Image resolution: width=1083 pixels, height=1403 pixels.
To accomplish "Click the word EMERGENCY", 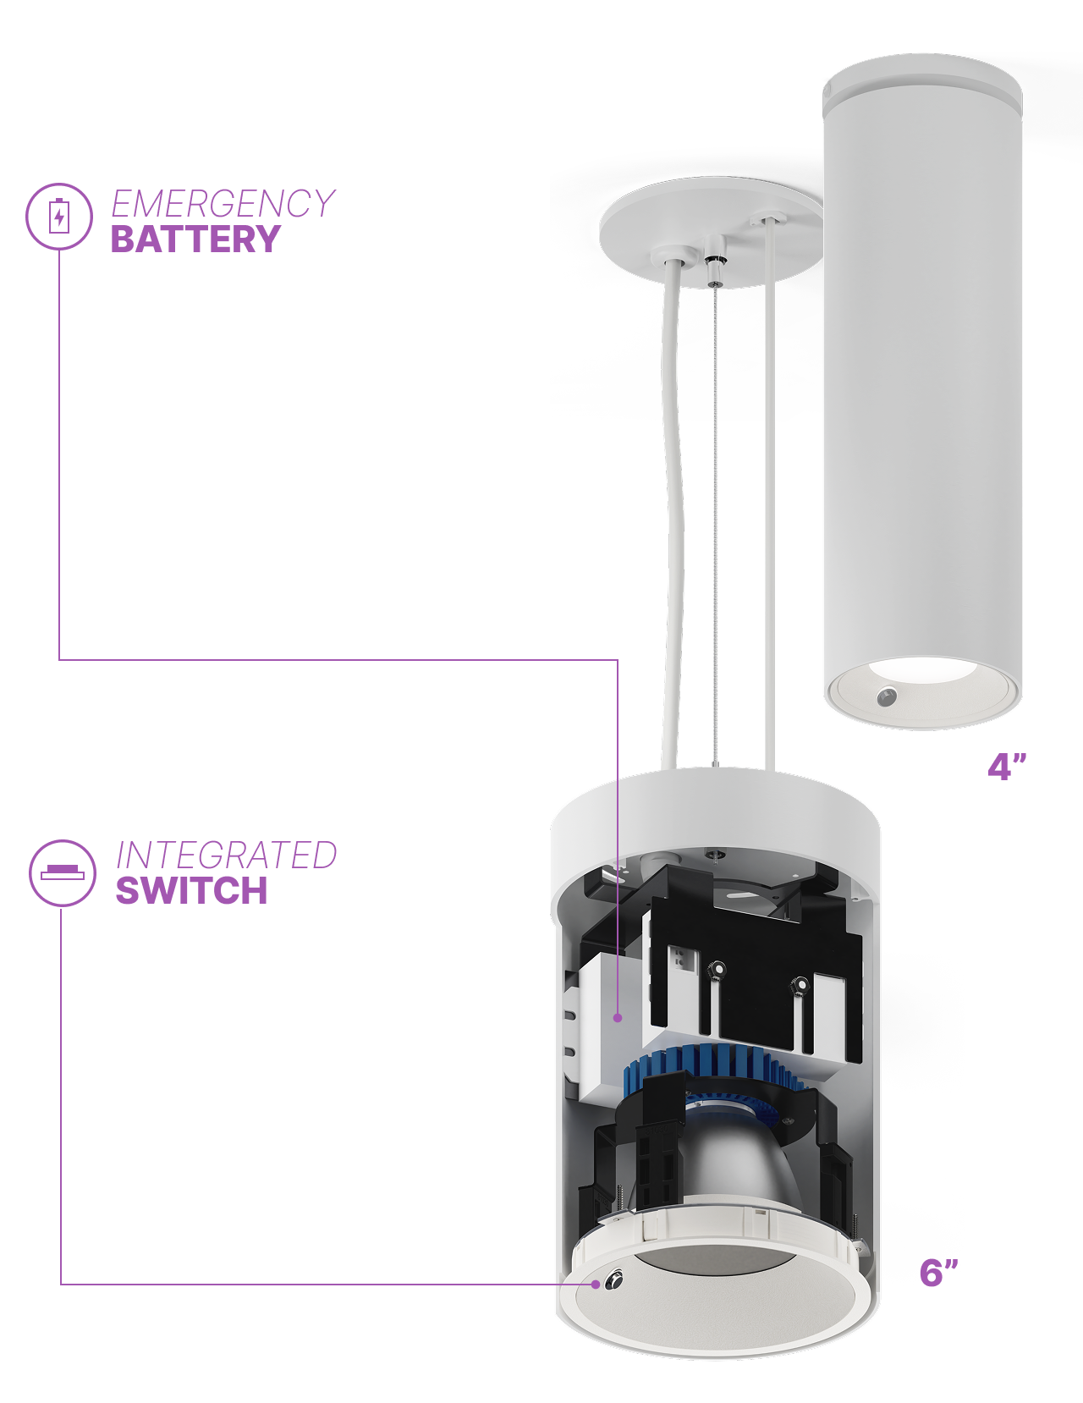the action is click(x=223, y=203).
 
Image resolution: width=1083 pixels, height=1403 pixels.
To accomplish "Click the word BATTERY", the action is click(x=195, y=239).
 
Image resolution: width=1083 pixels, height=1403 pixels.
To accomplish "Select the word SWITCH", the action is click(x=192, y=890).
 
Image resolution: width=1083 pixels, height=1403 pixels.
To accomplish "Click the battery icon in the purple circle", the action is click(x=58, y=217).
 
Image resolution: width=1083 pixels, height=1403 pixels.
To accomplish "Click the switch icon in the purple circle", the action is click(x=63, y=873).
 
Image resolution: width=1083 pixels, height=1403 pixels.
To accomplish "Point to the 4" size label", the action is click(x=1006, y=767).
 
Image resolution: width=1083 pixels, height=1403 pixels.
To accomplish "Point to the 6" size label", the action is click(x=938, y=1273).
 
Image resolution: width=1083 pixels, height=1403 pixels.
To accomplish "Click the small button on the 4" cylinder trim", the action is click(x=886, y=696).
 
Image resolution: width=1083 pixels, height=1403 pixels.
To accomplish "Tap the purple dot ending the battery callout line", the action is click(x=618, y=1017).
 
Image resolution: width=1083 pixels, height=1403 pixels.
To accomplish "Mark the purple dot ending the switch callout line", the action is click(x=595, y=1285).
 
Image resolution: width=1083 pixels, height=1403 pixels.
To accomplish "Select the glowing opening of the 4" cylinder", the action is click(x=923, y=669).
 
